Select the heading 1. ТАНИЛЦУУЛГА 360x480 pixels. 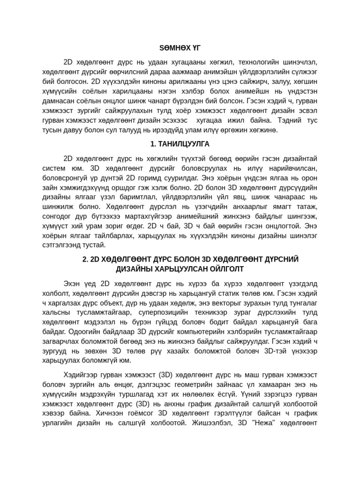180,144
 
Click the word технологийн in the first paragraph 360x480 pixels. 260,62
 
